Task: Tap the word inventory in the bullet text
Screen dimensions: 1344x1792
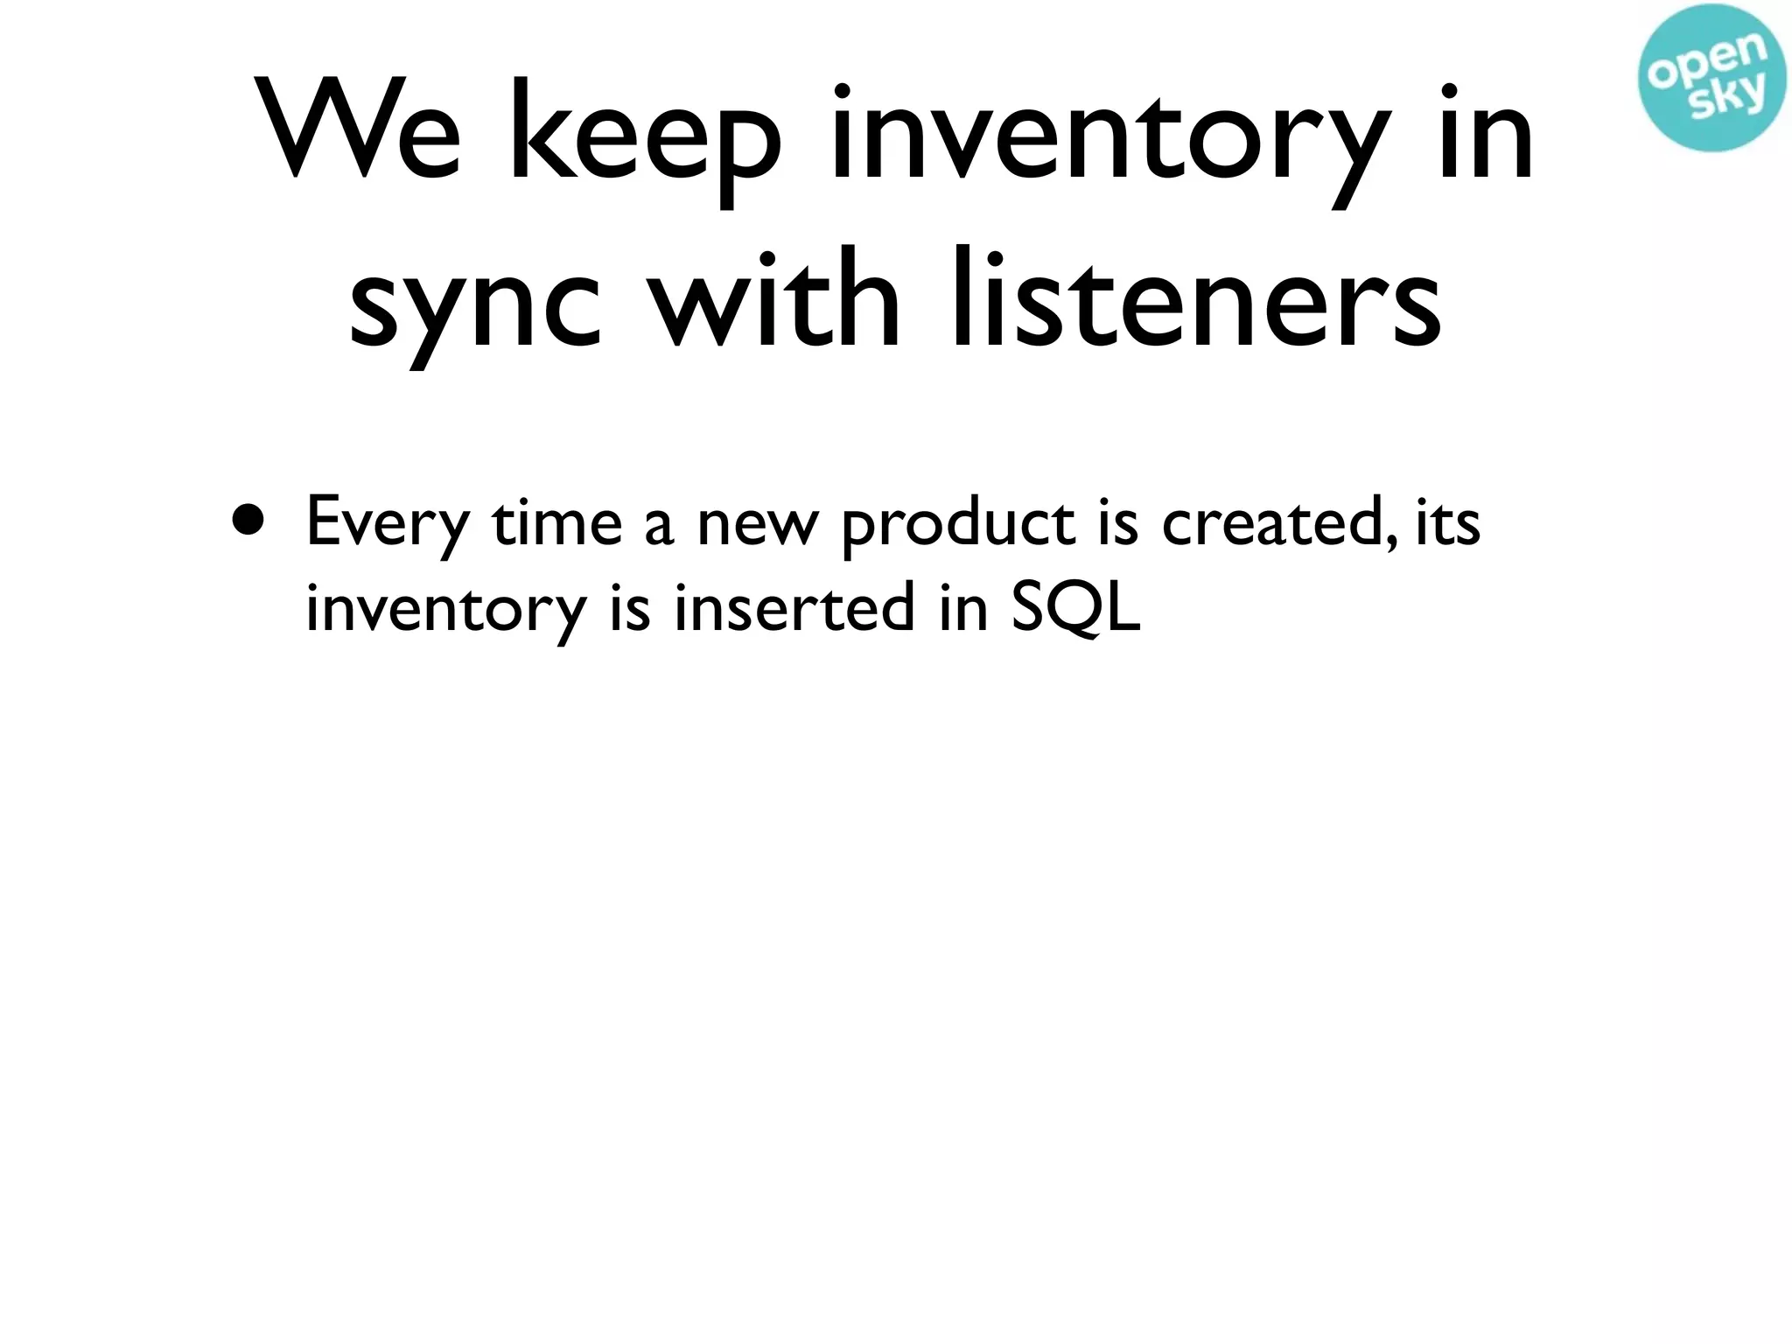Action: coord(444,609)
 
